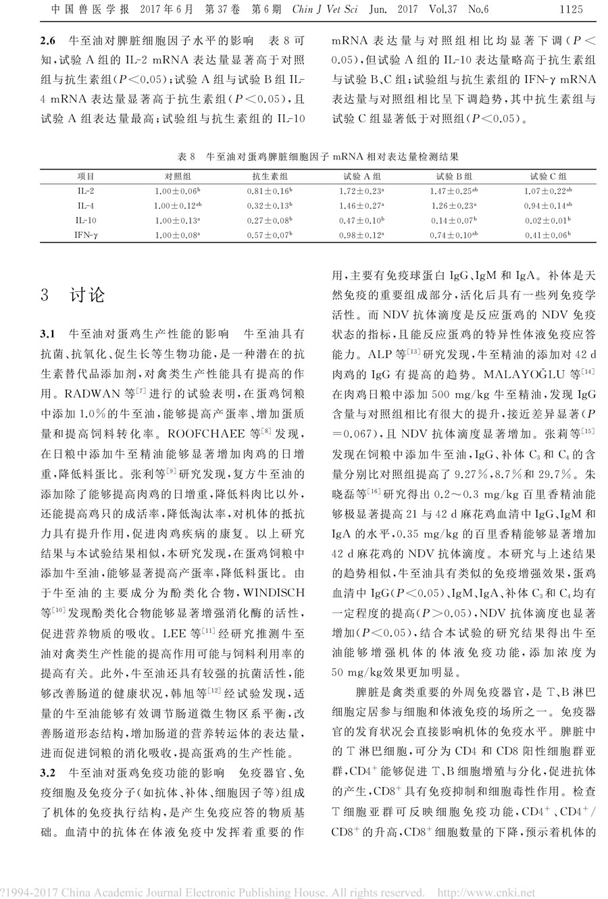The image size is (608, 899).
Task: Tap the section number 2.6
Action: click(x=49, y=38)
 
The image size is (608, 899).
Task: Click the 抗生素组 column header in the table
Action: click(x=262, y=176)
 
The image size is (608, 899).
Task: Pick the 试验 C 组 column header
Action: click(x=549, y=176)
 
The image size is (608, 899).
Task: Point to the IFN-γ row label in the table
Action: click(x=86, y=234)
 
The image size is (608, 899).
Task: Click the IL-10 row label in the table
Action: click(x=86, y=220)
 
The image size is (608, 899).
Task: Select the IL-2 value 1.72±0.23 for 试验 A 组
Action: click(x=361, y=190)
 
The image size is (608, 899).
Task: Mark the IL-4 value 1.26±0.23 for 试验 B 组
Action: click(x=455, y=205)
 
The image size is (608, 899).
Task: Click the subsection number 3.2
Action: click(x=47, y=771)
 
